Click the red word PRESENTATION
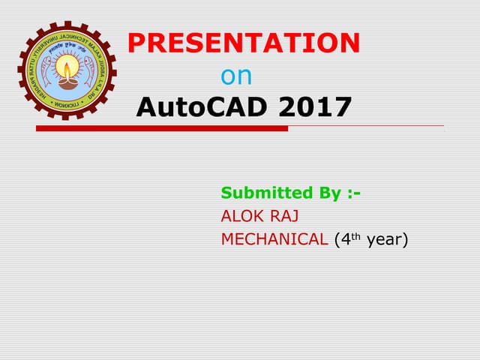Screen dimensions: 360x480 tap(244, 43)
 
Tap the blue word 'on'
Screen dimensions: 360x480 tap(236, 76)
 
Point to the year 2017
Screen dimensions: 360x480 tap(314, 107)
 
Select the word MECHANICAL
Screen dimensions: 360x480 tap(274, 240)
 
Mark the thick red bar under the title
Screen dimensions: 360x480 tap(161, 128)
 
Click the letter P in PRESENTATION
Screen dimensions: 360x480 tap(136, 43)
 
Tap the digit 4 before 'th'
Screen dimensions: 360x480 tap(346, 240)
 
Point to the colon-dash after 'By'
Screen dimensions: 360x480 tap(355, 193)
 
